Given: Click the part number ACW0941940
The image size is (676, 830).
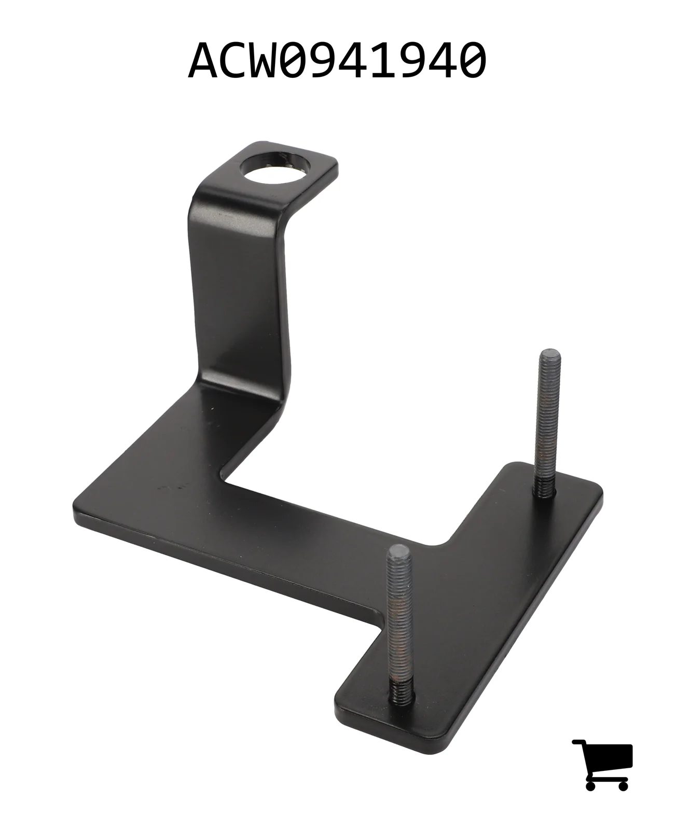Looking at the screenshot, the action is (x=337, y=61).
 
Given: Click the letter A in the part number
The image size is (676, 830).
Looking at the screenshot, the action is (x=203, y=61).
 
